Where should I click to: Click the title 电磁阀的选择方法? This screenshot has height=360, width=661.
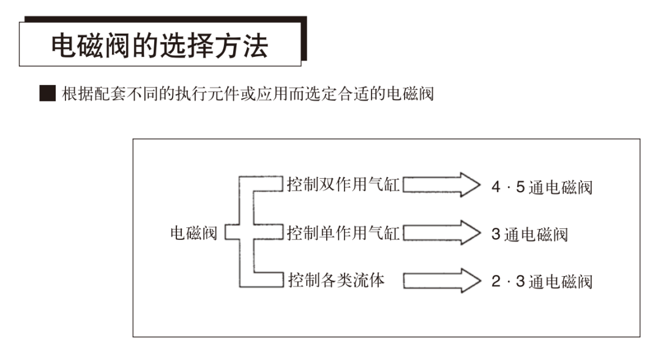[159, 46]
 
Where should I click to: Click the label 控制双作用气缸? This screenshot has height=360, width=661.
[343, 184]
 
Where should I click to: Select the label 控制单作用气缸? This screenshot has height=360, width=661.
[343, 233]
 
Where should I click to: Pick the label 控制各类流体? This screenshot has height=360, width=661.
[337, 281]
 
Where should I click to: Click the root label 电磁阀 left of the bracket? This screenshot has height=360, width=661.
[193, 233]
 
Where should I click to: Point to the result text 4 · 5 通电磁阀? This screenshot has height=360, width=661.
[542, 187]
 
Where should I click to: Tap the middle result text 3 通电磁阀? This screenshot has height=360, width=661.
[529, 234]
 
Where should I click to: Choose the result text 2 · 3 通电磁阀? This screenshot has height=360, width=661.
[542, 282]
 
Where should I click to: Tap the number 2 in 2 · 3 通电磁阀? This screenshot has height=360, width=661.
[496, 282]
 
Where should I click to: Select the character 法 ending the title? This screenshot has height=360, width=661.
[255, 46]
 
